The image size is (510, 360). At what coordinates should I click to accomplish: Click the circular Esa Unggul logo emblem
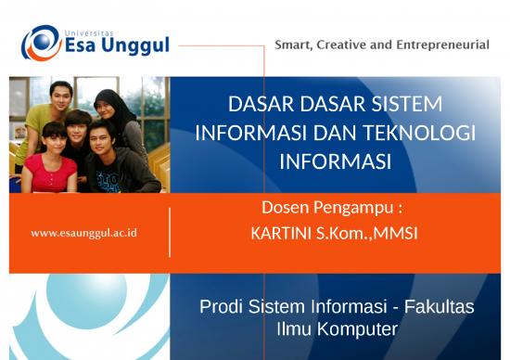(40, 43)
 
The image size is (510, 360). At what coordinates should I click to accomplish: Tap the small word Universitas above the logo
(92, 28)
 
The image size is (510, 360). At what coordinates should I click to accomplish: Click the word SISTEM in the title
(408, 103)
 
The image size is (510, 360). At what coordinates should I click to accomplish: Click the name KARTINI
(287, 233)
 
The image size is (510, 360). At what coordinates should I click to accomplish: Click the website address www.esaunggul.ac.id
(83, 232)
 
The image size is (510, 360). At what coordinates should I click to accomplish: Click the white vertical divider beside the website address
(170, 232)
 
